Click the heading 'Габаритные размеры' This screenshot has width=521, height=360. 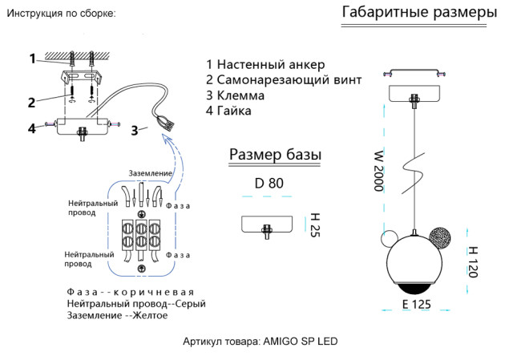[419, 13]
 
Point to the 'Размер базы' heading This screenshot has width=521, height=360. [276, 154]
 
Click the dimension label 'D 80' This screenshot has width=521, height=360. [269, 183]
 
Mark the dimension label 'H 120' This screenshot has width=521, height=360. [473, 261]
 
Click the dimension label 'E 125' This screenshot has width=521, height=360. [416, 305]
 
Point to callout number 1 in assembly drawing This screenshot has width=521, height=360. [33, 58]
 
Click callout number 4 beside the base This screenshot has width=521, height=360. [31, 127]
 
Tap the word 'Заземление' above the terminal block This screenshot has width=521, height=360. [150, 173]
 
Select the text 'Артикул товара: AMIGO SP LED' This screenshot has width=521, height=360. [260, 341]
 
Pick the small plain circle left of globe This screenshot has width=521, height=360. [388, 239]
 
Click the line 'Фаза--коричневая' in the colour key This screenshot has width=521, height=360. [131, 292]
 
